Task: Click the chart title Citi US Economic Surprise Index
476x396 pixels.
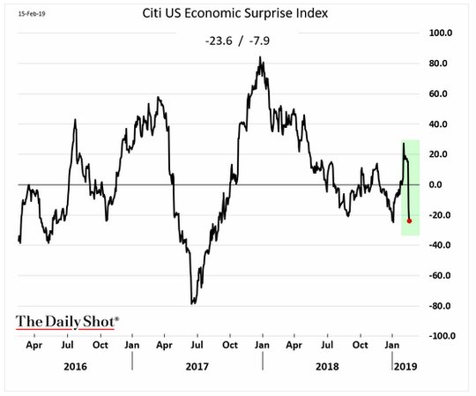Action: (x=235, y=13)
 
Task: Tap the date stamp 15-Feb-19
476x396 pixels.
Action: (x=32, y=13)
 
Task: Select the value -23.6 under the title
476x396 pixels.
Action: (x=219, y=41)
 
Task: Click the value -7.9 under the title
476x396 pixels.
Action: (x=259, y=41)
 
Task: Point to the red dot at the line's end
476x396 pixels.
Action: (x=409, y=220)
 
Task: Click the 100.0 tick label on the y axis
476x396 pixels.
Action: (x=441, y=33)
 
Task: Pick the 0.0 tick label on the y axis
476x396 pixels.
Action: (x=435, y=184)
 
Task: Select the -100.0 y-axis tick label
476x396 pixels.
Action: (x=442, y=336)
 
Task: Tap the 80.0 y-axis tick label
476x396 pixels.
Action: (x=438, y=64)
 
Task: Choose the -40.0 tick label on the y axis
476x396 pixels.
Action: (x=440, y=245)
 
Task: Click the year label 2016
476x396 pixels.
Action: (x=75, y=367)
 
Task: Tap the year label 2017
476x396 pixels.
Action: (x=197, y=367)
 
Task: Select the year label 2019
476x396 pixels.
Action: (x=405, y=367)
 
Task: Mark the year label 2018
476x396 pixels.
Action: (x=327, y=367)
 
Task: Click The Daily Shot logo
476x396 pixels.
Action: (x=67, y=322)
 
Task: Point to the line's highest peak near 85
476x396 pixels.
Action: (x=260, y=56)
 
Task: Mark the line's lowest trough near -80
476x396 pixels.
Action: (x=192, y=303)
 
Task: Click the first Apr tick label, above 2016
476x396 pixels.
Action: (x=34, y=345)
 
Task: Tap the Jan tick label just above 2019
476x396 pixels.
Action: (x=392, y=345)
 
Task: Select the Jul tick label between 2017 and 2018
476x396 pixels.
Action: (x=197, y=345)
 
